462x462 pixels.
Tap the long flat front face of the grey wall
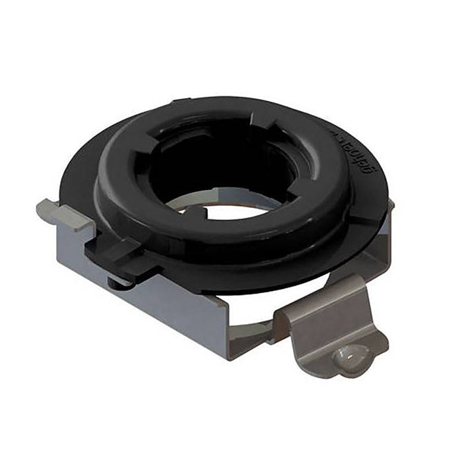coord(165,310)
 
